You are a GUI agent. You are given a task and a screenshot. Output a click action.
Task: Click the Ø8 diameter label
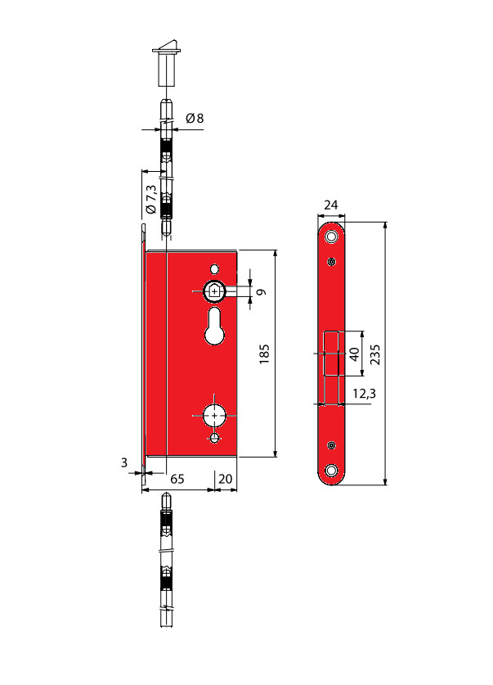(x=195, y=118)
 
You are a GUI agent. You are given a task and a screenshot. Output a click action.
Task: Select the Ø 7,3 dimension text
(x=150, y=199)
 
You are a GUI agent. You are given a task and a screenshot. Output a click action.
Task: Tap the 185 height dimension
(x=264, y=354)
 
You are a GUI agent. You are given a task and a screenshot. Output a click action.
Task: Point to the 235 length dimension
(x=374, y=354)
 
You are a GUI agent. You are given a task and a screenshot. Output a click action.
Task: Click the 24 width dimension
(x=331, y=205)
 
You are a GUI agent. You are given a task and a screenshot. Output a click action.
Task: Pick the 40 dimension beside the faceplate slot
(x=354, y=354)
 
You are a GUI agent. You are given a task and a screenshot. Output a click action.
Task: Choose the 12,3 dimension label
(x=365, y=393)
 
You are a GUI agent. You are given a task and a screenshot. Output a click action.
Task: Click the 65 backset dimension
(x=177, y=479)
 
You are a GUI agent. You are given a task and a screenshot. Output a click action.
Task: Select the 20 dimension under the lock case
(x=225, y=479)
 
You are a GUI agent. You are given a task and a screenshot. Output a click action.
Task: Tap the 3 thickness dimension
(x=124, y=462)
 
